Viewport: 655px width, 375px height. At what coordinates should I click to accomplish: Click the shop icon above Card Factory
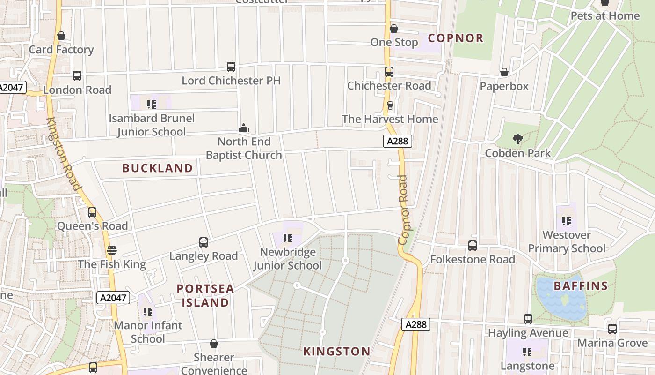61,36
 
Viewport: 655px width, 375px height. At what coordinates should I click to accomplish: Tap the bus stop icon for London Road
77,76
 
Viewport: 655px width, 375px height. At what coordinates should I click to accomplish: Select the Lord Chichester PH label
231,81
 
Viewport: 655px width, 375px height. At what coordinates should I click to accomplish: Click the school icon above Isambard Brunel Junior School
151,104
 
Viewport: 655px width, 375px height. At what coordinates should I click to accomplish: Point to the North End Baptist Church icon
244,127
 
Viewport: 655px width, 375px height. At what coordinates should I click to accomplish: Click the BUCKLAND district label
158,168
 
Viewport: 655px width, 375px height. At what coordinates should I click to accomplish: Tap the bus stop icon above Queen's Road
92,212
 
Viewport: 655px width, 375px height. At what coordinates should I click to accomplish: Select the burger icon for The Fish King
111,250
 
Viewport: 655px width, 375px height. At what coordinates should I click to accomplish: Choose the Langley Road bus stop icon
204,242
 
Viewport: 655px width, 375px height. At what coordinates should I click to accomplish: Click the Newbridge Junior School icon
288,238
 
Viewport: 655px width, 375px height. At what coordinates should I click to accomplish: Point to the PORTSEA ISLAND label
205,295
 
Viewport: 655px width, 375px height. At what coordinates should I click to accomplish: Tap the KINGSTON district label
337,351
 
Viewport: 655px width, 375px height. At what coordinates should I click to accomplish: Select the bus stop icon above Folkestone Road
473,246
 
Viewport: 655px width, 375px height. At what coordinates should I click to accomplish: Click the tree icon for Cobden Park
517,139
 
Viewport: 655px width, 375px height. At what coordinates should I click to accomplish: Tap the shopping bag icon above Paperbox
504,72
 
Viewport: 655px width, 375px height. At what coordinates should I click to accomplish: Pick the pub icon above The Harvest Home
390,105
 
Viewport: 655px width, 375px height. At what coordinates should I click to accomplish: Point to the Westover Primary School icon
567,221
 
